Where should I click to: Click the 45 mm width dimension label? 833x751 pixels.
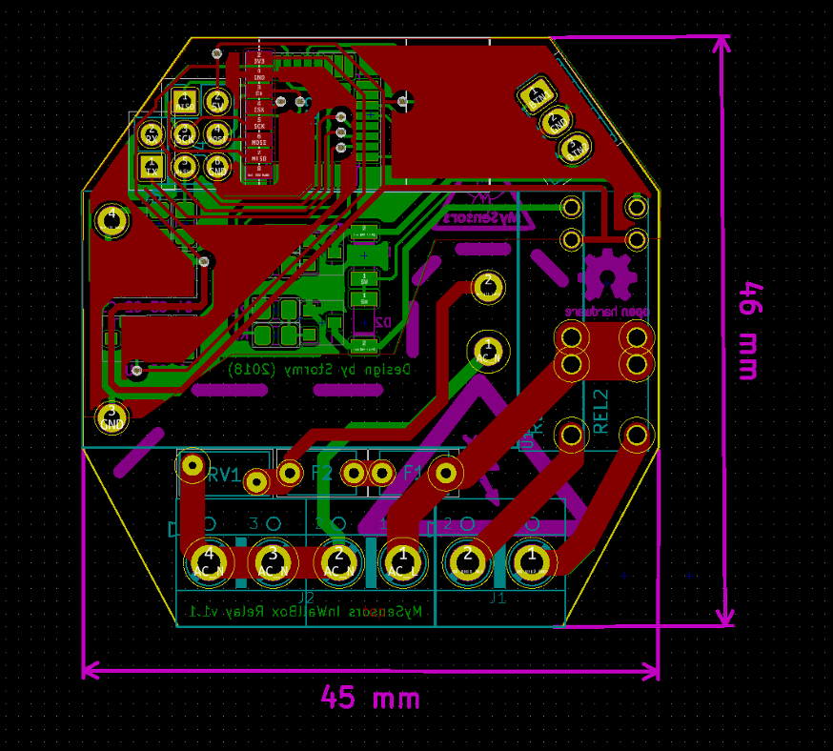pos(370,698)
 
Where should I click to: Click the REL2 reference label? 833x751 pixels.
pos(600,412)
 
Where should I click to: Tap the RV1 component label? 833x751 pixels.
pos(225,476)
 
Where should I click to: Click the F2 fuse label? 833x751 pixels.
pos(321,474)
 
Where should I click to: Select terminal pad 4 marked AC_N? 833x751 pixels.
pos(209,561)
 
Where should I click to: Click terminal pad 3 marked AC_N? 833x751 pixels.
pos(273,561)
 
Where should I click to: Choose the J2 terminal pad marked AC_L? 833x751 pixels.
pos(401,561)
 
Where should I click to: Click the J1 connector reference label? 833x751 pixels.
pos(497,599)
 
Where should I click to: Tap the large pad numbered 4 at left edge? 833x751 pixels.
pos(112,219)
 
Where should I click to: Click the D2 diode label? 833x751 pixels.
pos(383,323)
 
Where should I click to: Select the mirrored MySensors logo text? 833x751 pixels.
pos(481,218)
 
